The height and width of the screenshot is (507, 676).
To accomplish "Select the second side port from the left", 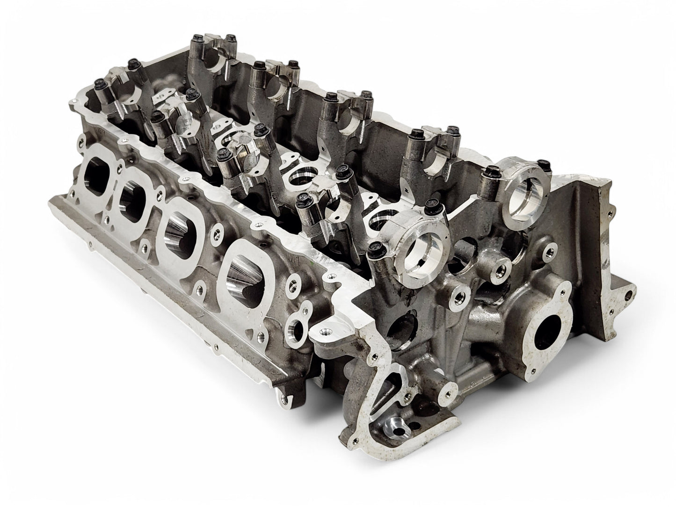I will click(x=132, y=200).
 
